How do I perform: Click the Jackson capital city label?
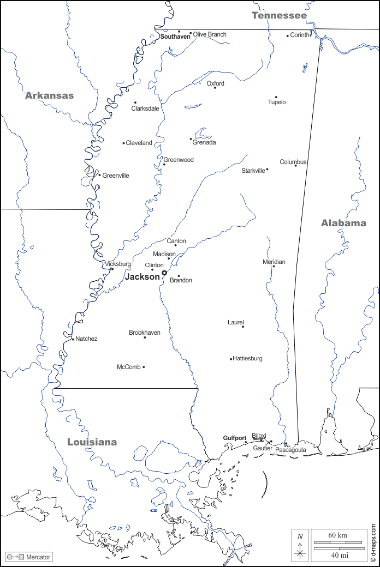(x=142, y=277)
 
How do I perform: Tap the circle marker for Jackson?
(x=164, y=273)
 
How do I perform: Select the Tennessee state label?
(x=279, y=16)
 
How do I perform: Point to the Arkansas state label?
(x=49, y=95)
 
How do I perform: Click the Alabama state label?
(x=343, y=223)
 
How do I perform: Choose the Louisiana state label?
(x=92, y=442)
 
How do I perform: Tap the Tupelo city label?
(x=277, y=102)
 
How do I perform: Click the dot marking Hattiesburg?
(x=231, y=359)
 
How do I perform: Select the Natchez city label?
(x=86, y=339)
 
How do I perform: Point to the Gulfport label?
(x=234, y=438)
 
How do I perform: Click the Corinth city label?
(x=299, y=35)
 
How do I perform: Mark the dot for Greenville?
(x=99, y=175)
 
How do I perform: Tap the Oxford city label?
(x=215, y=83)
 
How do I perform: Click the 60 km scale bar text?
(x=337, y=535)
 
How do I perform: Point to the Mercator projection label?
(x=38, y=557)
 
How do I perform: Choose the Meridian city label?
(x=274, y=262)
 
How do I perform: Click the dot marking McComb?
(x=144, y=367)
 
